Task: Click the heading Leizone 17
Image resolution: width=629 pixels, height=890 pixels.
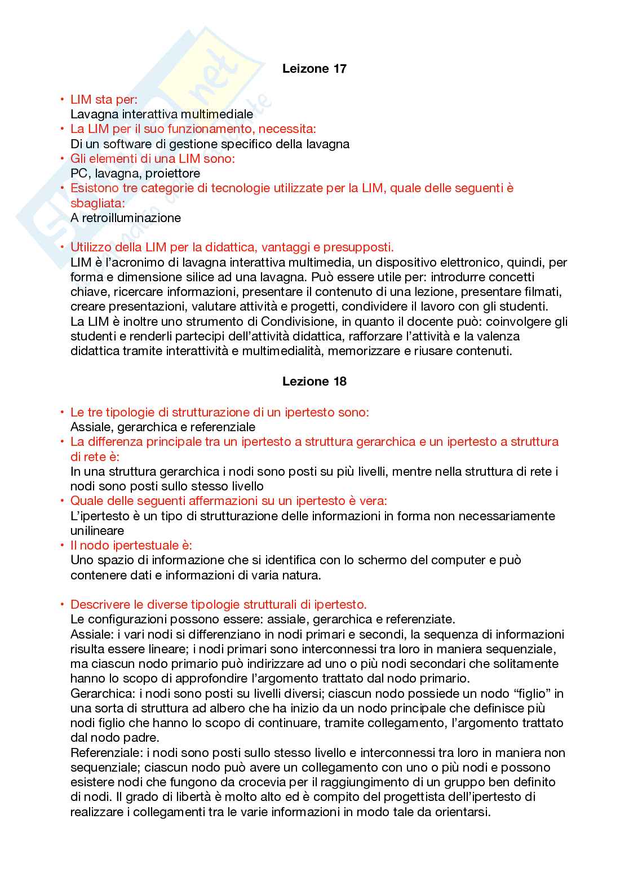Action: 314,69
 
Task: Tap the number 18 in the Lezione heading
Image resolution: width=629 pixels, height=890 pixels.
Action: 339,382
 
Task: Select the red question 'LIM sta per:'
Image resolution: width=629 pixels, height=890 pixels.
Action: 104,100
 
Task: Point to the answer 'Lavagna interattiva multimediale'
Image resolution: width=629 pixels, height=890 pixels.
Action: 162,114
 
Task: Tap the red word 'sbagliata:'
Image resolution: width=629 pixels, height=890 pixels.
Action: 98,203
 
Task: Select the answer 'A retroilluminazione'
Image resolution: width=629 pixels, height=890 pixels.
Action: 126,218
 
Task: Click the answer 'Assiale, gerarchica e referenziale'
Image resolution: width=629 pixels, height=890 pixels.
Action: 163,427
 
